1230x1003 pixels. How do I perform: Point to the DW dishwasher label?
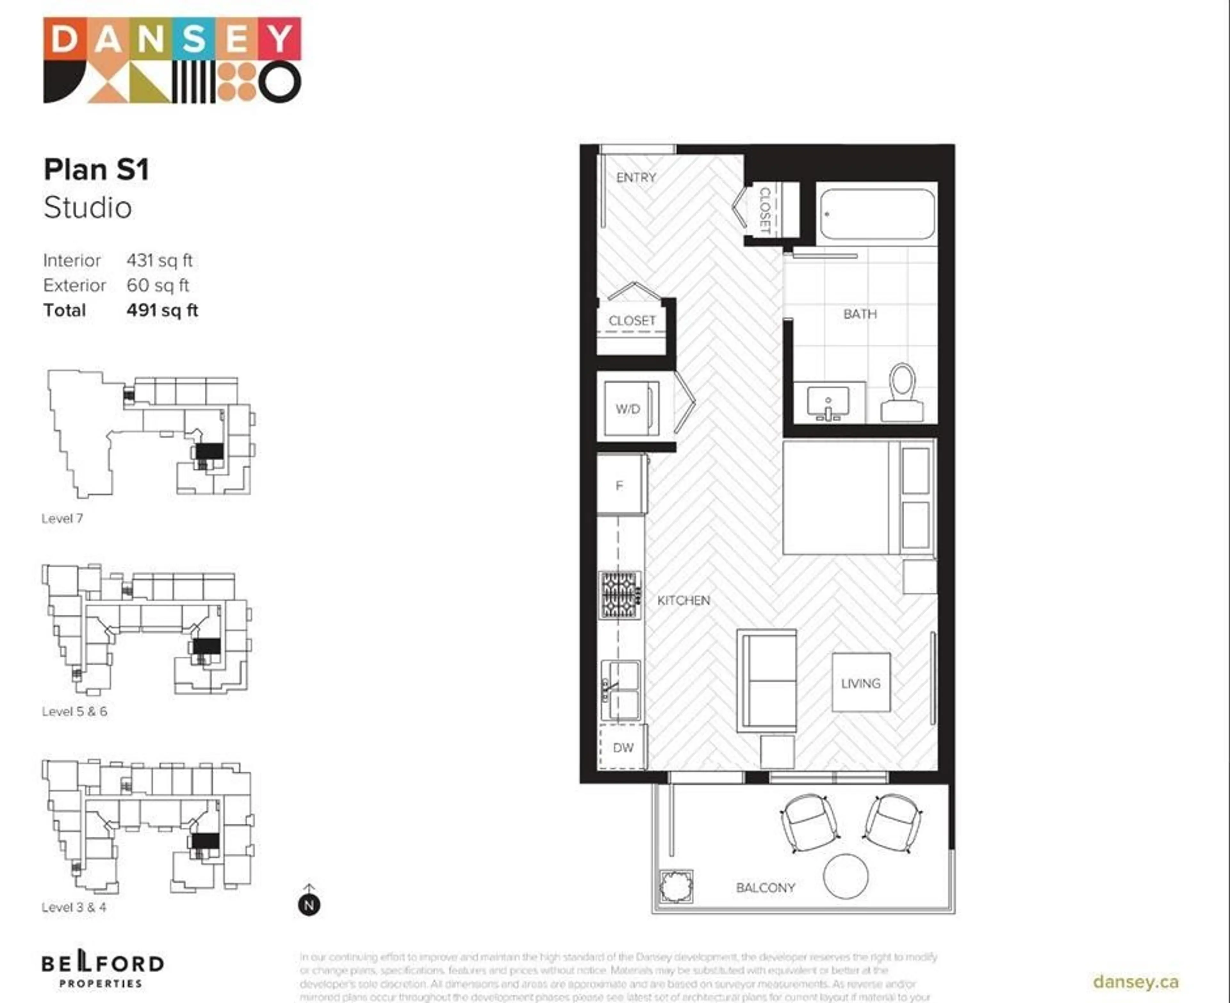pyautogui.click(x=623, y=748)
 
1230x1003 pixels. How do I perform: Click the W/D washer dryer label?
pyautogui.click(x=627, y=409)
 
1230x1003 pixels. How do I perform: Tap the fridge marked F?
pyautogui.click(x=619, y=485)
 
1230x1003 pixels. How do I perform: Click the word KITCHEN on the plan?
pyautogui.click(x=684, y=600)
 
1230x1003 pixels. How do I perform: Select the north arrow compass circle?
pyautogui.click(x=309, y=905)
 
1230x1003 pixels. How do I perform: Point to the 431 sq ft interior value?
pyautogui.click(x=160, y=260)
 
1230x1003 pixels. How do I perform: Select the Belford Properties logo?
pyautogui.click(x=102, y=971)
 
